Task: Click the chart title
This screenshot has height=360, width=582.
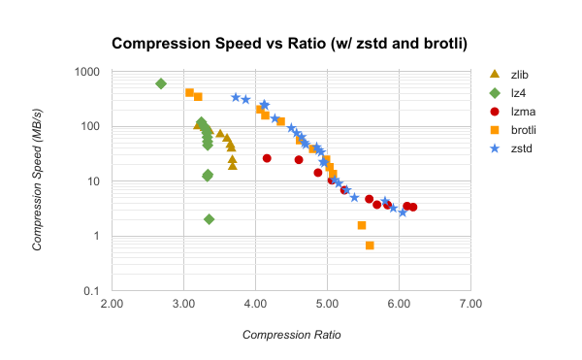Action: click(x=290, y=44)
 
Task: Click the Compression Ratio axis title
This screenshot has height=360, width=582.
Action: click(x=291, y=334)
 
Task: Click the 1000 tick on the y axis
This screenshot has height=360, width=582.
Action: click(x=88, y=72)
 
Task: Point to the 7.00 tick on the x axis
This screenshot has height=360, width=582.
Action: click(x=470, y=305)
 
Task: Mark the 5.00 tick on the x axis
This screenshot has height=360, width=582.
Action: click(x=327, y=305)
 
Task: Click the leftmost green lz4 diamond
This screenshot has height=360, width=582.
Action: click(x=161, y=84)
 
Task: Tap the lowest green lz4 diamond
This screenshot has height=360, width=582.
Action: click(x=210, y=219)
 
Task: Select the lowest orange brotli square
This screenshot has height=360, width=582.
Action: click(x=370, y=245)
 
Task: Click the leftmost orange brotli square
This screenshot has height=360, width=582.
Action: click(x=190, y=93)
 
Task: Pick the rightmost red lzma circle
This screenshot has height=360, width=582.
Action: click(x=412, y=207)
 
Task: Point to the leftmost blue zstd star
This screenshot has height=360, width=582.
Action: click(x=236, y=97)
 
